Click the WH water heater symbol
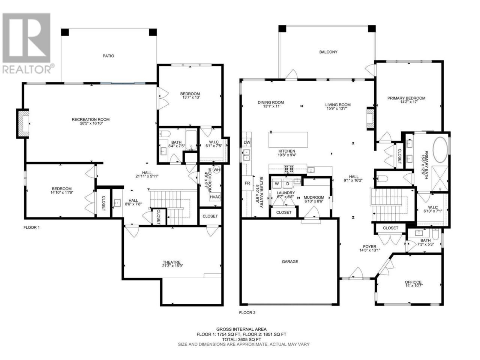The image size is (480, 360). [216, 170]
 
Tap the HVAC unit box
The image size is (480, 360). [215, 197]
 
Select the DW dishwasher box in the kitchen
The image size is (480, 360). [247, 142]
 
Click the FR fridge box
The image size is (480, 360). [247, 183]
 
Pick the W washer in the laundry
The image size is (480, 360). [277, 184]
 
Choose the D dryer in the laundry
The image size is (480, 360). [288, 184]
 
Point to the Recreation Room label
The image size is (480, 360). [90, 120]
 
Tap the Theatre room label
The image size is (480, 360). [171, 262]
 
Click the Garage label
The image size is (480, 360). [290, 262]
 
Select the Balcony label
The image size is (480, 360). [328, 52]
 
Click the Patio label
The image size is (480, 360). [108, 56]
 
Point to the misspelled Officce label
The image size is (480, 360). [413, 282]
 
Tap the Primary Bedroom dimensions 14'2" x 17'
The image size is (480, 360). [406, 102]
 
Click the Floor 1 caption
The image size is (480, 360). [31, 228]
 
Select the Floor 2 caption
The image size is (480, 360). [247, 313]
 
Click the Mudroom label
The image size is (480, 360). [314, 198]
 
